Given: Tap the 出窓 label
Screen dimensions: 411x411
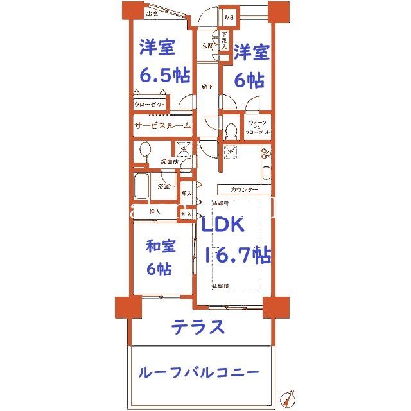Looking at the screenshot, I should pyautogui.click(x=152, y=13).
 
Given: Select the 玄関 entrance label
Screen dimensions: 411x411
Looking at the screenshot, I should pyautogui.click(x=207, y=45).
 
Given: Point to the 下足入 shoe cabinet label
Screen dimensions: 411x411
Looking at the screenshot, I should pyautogui.click(x=224, y=41).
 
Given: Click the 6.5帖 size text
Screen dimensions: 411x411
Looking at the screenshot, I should pyautogui.click(x=165, y=74).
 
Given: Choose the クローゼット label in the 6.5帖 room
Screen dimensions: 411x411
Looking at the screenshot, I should pyautogui.click(x=150, y=105).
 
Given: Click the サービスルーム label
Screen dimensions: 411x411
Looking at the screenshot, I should pyautogui.click(x=162, y=127).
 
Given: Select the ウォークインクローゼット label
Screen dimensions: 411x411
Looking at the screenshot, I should pyautogui.click(x=256, y=127).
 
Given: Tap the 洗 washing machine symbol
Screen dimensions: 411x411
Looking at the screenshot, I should pyautogui.click(x=184, y=150).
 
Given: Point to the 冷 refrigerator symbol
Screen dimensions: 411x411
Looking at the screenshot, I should pyautogui.click(x=231, y=152).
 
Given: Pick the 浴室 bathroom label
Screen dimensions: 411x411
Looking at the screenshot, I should pyautogui.click(x=163, y=187).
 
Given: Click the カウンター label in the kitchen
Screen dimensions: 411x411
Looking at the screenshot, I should pyautogui.click(x=243, y=190).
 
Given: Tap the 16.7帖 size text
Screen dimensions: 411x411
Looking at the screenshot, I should pyautogui.click(x=237, y=255).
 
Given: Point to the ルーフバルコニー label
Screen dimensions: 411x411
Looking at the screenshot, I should pyautogui.click(x=198, y=372).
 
